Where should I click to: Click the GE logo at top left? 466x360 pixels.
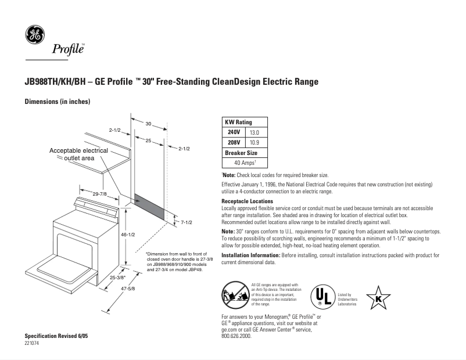click(34, 35)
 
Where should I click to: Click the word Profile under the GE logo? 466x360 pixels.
click(68, 49)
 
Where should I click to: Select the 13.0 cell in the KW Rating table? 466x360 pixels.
click(253, 133)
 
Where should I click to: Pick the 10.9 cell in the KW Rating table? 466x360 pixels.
click(253, 142)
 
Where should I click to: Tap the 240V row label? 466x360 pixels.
click(234, 133)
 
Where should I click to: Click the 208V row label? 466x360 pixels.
click(234, 142)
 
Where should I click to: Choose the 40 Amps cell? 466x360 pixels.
click(245, 163)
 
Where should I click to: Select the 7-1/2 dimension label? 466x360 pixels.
click(186, 222)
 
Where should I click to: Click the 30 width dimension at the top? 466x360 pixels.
click(148, 124)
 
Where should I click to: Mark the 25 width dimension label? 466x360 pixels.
click(148, 141)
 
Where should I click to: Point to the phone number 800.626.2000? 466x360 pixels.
click(237, 336)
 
